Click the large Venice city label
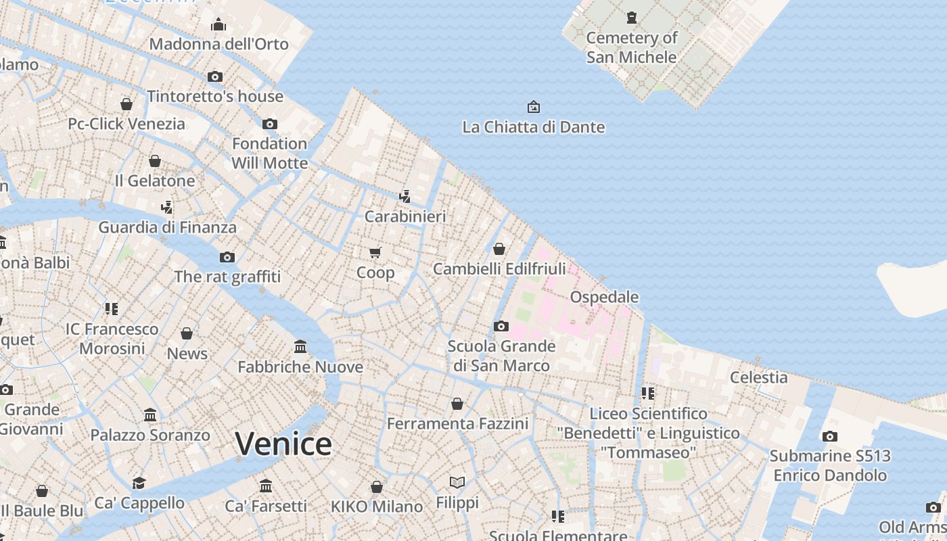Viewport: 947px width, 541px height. pos(283,444)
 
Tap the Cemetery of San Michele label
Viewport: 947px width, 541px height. pos(631,47)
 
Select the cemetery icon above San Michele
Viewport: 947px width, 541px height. pos(632,17)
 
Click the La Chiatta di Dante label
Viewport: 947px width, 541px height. pos(533,127)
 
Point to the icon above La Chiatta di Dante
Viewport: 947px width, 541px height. pos(533,107)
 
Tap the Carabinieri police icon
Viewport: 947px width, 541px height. pos(405,197)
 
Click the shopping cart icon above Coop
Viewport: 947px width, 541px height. pos(375,252)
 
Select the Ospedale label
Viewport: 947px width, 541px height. pos(604,297)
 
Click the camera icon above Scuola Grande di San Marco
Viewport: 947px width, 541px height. pos(501,326)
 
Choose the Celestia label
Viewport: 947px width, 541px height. pos(758,377)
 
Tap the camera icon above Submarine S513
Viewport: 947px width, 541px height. pos(830,436)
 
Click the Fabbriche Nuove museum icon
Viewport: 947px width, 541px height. pos(300,347)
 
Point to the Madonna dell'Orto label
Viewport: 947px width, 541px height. pos(218,45)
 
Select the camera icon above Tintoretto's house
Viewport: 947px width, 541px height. pos(215,76)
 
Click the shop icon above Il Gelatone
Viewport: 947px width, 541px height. pos(155,161)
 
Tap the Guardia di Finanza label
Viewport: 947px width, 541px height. pos(167,227)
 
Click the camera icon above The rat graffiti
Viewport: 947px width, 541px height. pos(227,257)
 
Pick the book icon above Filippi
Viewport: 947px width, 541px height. pos(457,482)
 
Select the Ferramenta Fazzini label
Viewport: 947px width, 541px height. pos(457,424)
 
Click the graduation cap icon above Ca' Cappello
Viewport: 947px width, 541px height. pos(139,483)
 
